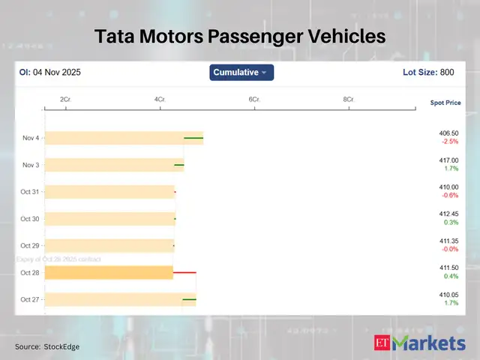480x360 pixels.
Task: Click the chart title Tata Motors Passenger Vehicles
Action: pyautogui.click(x=239, y=36)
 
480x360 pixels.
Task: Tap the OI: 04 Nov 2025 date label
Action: pyautogui.click(x=50, y=73)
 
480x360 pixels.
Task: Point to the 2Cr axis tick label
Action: pyautogui.click(x=65, y=99)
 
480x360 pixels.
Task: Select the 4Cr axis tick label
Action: pyautogui.click(x=160, y=99)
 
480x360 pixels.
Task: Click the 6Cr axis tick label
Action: pyautogui.click(x=254, y=99)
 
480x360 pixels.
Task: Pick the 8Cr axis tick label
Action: pyautogui.click(x=349, y=99)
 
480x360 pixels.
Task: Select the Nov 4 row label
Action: pyautogui.click(x=31, y=138)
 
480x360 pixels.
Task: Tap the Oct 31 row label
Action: pyautogui.click(x=30, y=192)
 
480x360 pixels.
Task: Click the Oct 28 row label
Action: pyautogui.click(x=30, y=272)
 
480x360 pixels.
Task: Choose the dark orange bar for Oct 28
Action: pyautogui.click(x=109, y=272)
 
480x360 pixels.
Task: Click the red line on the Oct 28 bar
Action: pyautogui.click(x=184, y=272)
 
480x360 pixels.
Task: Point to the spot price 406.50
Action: pyautogui.click(x=449, y=133)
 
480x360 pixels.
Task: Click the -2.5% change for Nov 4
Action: pyautogui.click(x=450, y=142)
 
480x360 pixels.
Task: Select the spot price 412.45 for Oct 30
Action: pyautogui.click(x=449, y=214)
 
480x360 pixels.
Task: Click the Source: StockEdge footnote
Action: pyautogui.click(x=47, y=346)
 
